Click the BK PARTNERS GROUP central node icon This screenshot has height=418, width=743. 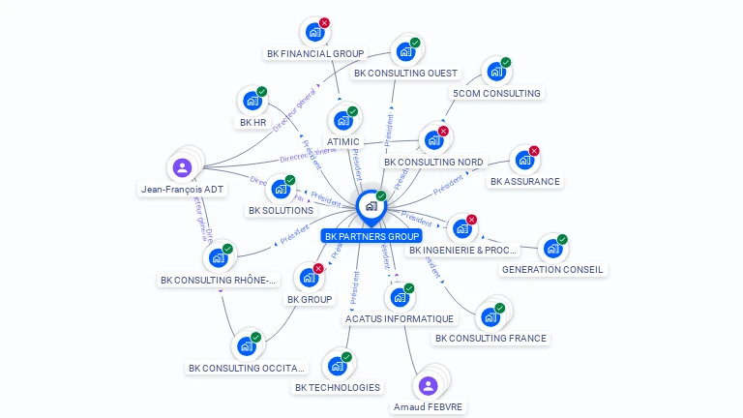click(x=371, y=206)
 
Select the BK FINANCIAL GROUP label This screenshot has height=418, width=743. click(x=314, y=54)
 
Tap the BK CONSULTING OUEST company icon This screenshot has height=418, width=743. click(x=404, y=51)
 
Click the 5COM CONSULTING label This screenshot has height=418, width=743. click(x=497, y=93)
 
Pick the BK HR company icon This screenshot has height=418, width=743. click(x=253, y=101)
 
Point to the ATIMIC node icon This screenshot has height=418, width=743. click(x=342, y=120)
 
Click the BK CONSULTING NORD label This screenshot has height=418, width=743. click(x=433, y=162)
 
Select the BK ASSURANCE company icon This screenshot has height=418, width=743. click(x=523, y=160)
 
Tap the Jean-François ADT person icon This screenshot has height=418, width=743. click(x=183, y=167)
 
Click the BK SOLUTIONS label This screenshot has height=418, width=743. click(x=281, y=210)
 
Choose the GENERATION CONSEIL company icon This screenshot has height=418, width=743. click(x=551, y=249)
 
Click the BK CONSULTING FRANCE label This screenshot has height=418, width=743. click(x=490, y=338)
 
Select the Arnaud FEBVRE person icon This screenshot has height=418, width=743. click(x=429, y=385)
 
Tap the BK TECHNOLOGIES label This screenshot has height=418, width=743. click(x=338, y=387)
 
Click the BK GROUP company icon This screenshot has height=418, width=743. click(x=309, y=278)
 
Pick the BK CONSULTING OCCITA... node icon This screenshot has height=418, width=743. click(x=247, y=345)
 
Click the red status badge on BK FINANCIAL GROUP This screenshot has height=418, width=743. click(x=324, y=22)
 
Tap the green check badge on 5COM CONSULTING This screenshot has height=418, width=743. click(x=505, y=63)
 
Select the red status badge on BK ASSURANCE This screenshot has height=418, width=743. click(x=533, y=151)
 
